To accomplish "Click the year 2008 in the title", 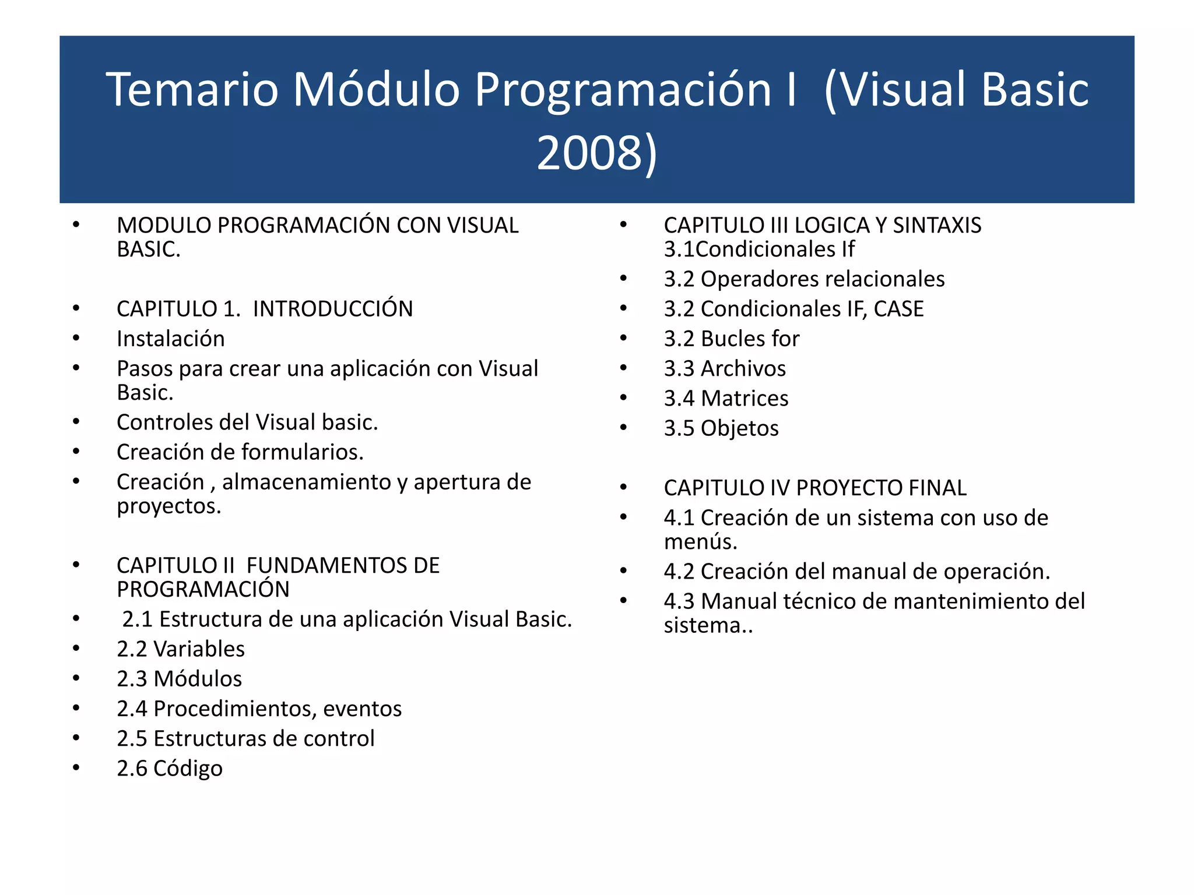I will [x=589, y=153].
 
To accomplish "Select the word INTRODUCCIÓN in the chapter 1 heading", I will [x=332, y=309].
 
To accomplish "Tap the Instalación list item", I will [x=170, y=339].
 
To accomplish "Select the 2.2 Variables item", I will [x=181, y=649].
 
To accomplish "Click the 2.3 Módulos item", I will [x=179, y=679].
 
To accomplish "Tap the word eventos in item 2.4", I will [x=362, y=709].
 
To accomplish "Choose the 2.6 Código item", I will [x=169, y=769].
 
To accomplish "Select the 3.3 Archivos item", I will [x=725, y=369].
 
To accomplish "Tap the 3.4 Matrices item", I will [x=726, y=399].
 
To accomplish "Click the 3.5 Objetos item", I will [x=721, y=429].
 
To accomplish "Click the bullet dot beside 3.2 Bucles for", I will [x=623, y=338].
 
